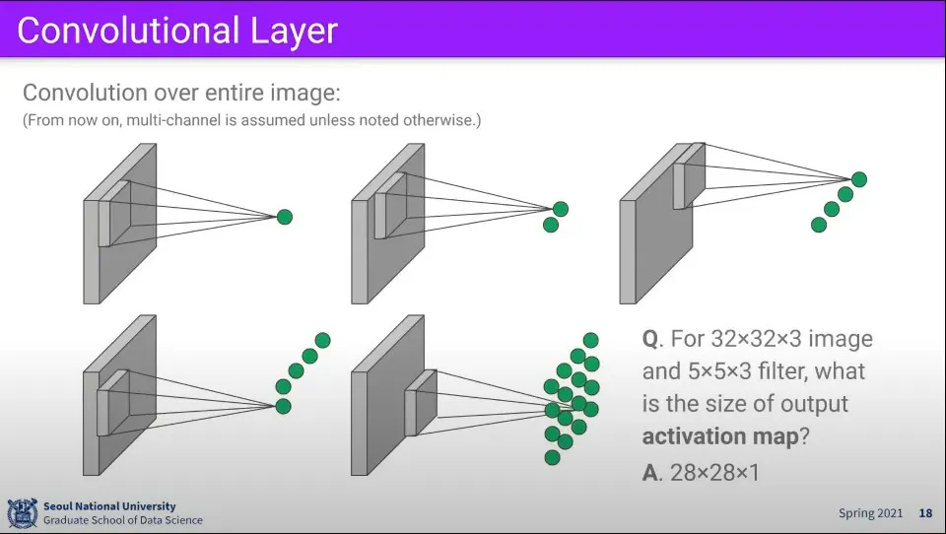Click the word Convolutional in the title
[x=126, y=31]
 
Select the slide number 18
[x=925, y=513]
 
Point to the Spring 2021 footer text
[x=870, y=513]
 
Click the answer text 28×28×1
[x=714, y=472]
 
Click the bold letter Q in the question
[x=650, y=339]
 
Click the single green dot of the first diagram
[x=284, y=217]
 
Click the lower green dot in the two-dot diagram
[x=551, y=225]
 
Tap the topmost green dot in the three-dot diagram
[x=858, y=179]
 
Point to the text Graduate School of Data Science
[x=122, y=520]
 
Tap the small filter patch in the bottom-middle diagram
[x=424, y=402]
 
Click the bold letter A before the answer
[x=650, y=472]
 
